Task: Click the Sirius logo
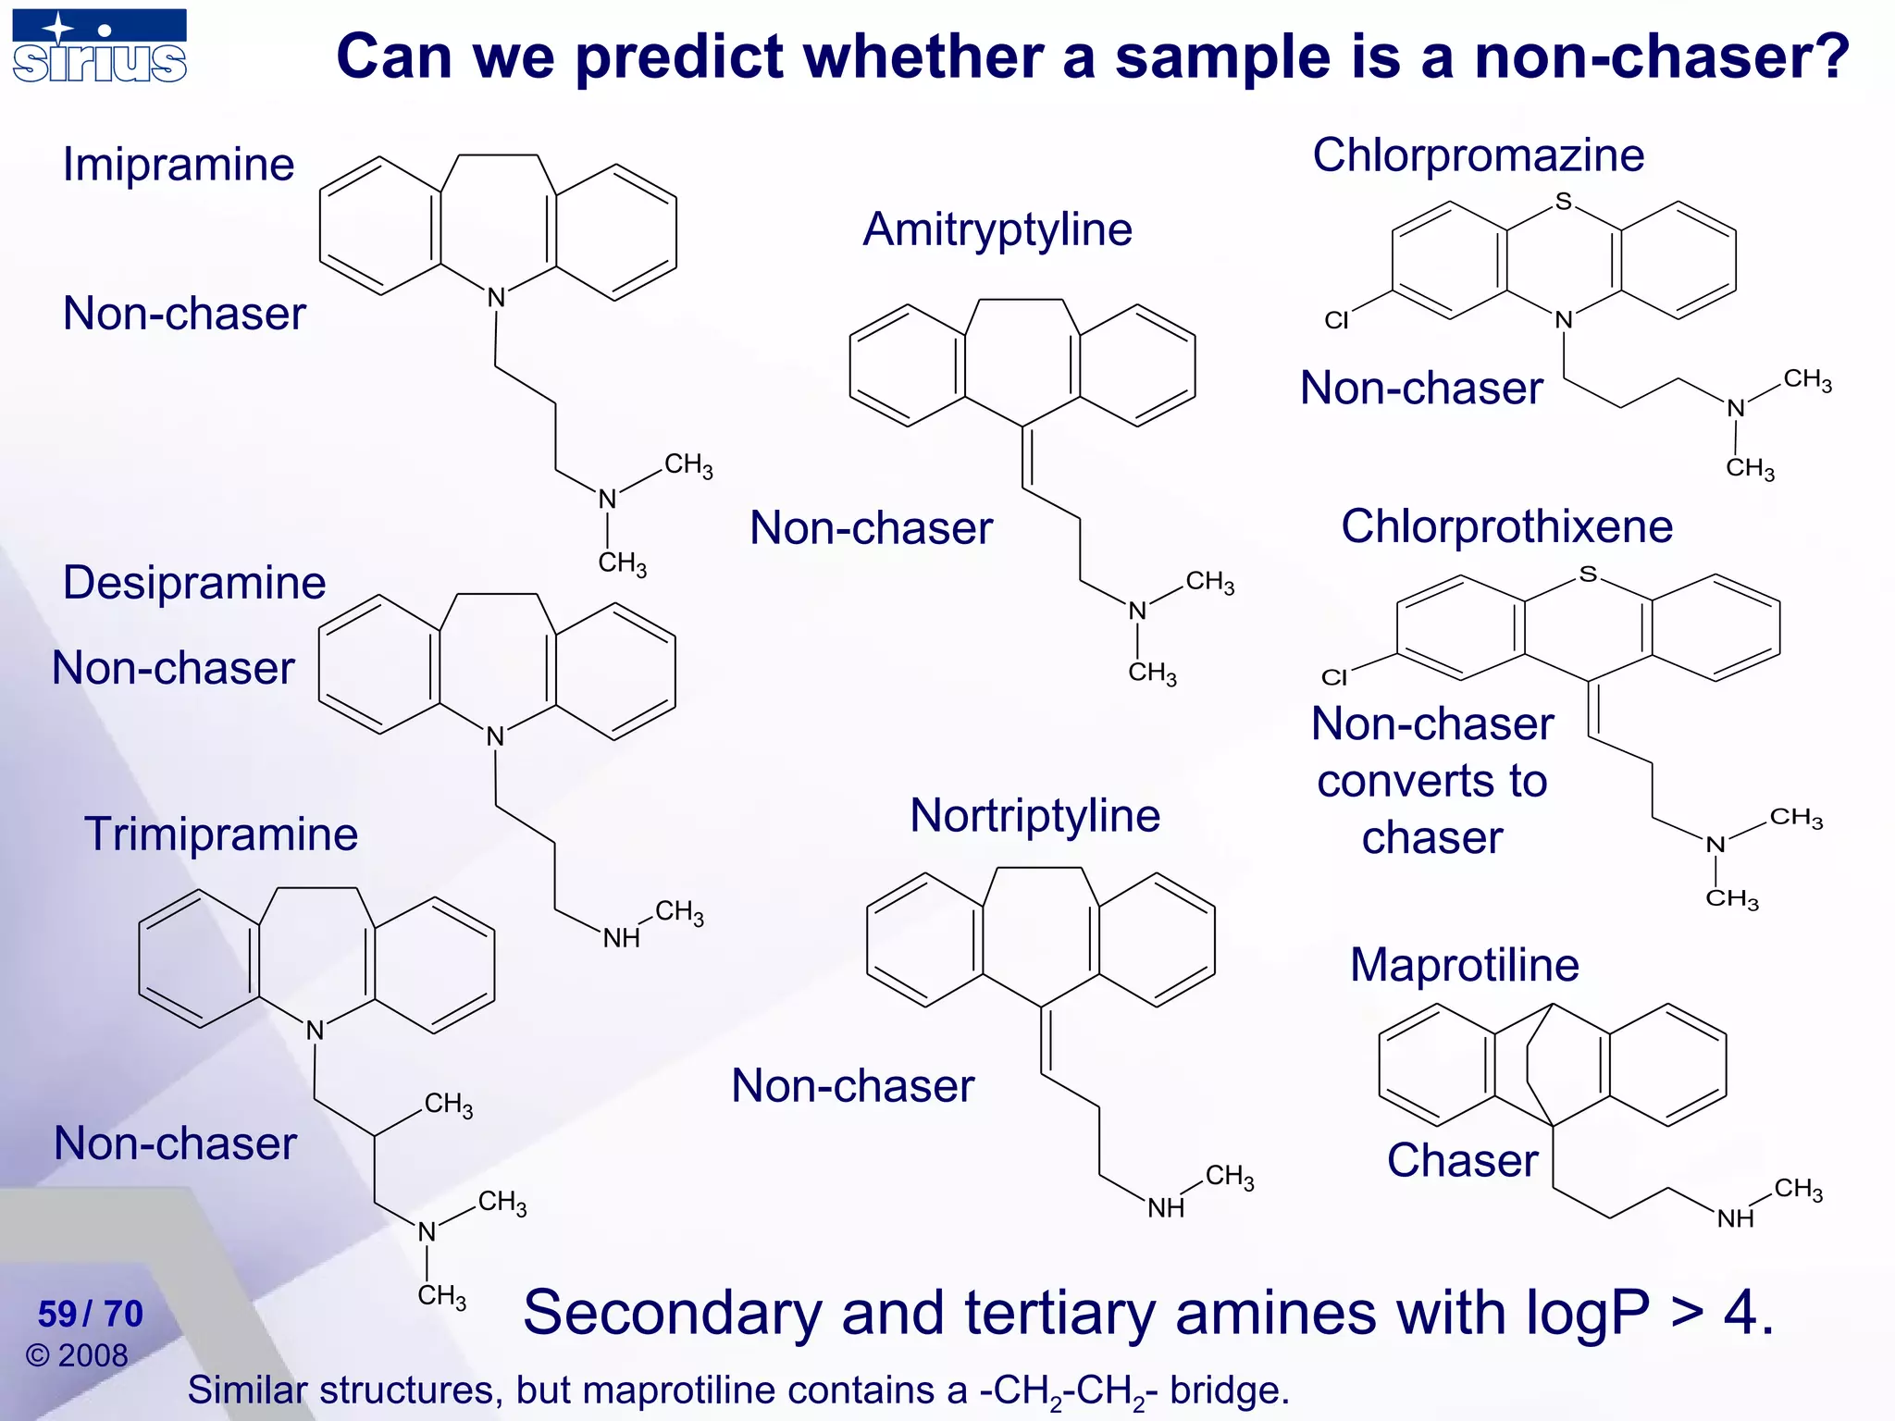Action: click(x=100, y=46)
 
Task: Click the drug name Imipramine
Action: click(x=179, y=165)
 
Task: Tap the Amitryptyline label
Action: click(x=997, y=229)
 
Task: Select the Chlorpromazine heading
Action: click(x=1478, y=154)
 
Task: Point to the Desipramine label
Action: click(x=194, y=583)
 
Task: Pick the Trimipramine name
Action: click(x=221, y=834)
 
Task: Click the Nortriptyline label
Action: click(x=1034, y=815)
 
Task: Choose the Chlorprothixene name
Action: click(x=1506, y=526)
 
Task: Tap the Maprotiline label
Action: click(x=1464, y=965)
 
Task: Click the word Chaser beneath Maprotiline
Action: click(x=1462, y=1160)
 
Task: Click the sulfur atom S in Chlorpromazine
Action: click(x=1563, y=201)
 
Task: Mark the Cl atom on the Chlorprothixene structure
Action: click(x=1334, y=677)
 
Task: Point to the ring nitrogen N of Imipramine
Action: click(x=497, y=298)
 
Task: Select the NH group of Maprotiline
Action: click(x=1735, y=1218)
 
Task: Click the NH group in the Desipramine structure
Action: click(x=621, y=938)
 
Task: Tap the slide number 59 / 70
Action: click(x=91, y=1314)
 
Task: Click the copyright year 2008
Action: click(x=93, y=1355)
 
